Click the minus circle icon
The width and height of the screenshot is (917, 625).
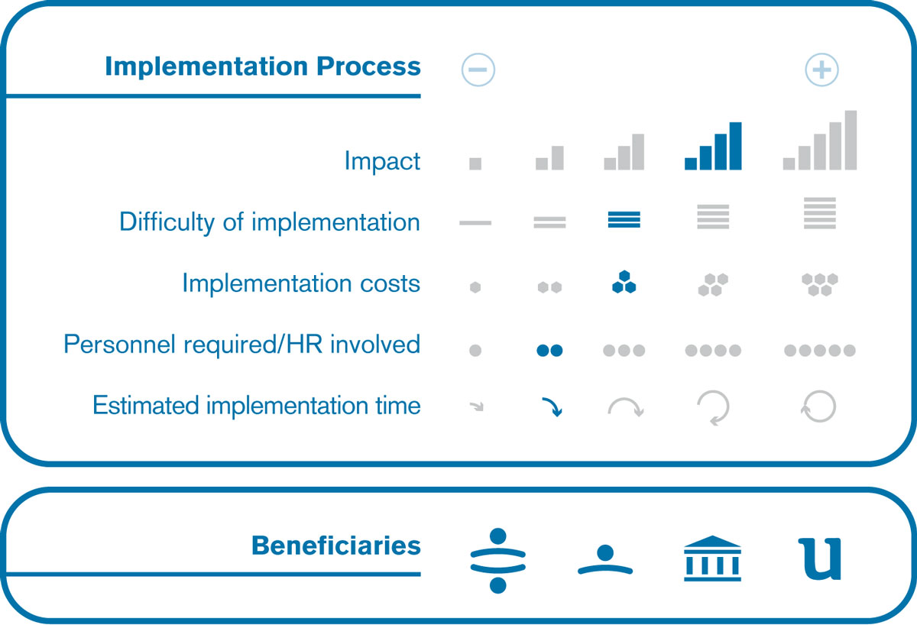click(x=478, y=70)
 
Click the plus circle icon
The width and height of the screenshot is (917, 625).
click(x=821, y=70)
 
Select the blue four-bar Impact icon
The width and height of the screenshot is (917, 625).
click(x=713, y=146)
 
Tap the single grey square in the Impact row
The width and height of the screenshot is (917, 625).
click(x=475, y=164)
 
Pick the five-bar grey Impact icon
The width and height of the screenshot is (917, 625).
click(x=819, y=140)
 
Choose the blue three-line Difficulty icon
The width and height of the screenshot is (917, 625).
click(x=624, y=219)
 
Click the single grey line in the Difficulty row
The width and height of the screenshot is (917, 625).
click(x=475, y=222)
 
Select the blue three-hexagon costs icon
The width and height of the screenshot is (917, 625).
click(x=624, y=282)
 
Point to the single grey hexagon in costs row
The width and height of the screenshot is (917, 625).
click(x=475, y=287)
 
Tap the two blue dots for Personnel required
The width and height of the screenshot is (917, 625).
click(x=549, y=351)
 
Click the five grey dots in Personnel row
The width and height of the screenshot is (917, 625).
click(x=819, y=351)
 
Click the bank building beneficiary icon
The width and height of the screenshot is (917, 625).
click(x=712, y=559)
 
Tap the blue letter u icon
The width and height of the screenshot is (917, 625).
click(x=820, y=559)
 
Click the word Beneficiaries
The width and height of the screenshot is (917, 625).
click(x=336, y=546)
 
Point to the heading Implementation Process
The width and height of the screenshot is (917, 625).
click(x=263, y=66)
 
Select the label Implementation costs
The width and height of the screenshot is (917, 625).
click(x=301, y=283)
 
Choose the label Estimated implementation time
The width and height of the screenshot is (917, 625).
click(x=257, y=405)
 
